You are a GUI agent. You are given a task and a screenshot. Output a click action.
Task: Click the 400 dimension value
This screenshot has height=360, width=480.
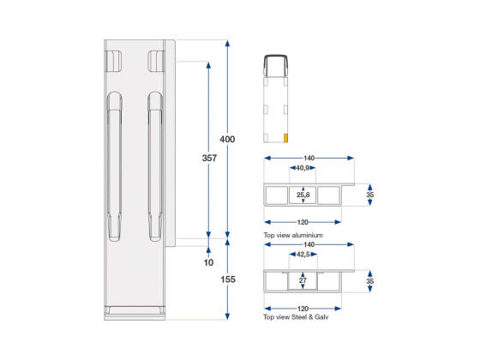[227, 139]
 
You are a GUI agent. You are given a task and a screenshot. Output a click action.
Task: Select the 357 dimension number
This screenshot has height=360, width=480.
[209, 158]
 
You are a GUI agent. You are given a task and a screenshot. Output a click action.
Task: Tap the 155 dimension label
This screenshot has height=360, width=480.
[228, 279]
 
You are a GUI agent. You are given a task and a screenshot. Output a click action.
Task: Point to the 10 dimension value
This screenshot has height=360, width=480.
[208, 262]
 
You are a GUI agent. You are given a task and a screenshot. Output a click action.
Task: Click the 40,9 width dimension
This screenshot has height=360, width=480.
[303, 168]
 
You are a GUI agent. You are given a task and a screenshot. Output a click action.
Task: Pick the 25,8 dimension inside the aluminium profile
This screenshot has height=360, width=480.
[303, 195]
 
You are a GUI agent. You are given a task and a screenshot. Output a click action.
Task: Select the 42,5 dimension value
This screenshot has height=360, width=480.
[303, 255]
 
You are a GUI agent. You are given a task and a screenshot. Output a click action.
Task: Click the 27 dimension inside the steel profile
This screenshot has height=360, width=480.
[303, 280]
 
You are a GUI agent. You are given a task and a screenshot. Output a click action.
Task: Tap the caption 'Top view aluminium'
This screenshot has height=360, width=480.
[293, 235]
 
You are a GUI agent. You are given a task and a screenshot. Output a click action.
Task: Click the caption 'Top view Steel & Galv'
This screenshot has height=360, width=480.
[296, 317]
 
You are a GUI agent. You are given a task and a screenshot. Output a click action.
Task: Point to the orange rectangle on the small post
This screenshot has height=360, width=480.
[286, 138]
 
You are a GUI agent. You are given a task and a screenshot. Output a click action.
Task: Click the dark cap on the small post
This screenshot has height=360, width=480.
[276, 65]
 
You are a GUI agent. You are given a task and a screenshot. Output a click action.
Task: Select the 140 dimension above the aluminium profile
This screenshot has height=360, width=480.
[309, 158]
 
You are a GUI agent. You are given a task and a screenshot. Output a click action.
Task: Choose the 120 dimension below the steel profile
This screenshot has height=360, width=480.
[303, 309]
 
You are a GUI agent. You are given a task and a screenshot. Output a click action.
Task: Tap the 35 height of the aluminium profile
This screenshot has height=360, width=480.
[370, 195]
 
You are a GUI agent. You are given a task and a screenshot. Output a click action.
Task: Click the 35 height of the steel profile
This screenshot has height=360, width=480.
[370, 281]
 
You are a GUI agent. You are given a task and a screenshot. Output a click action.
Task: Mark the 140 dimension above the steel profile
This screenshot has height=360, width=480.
[309, 244]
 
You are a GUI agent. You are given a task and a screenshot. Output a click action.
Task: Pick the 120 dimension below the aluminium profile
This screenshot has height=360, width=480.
[303, 222]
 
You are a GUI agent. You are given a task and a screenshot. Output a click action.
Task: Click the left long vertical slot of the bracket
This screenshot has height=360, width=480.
[115, 166]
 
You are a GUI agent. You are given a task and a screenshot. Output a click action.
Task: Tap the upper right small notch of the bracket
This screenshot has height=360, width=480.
[156, 61]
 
